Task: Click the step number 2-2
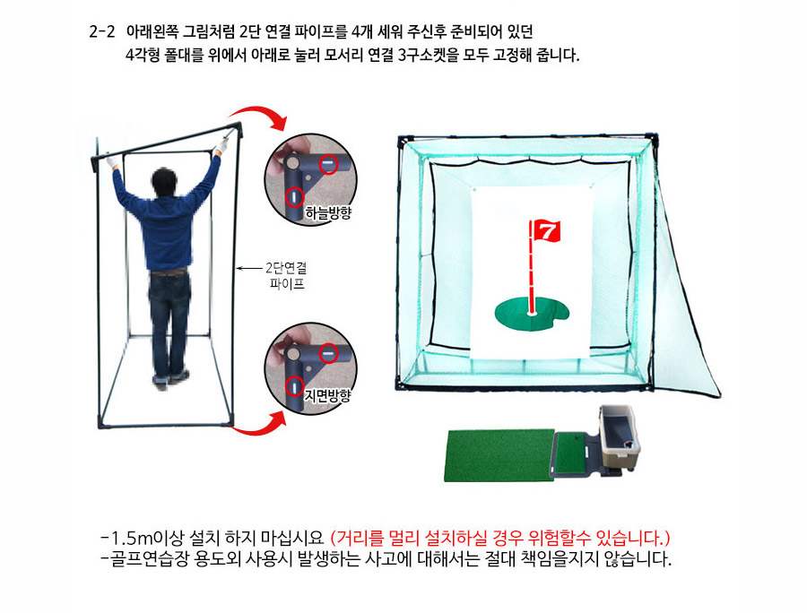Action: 102,32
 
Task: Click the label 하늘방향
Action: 328,212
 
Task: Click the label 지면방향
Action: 327,395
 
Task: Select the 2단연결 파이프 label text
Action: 287,276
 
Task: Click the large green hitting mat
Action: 499,455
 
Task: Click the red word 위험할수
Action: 555,539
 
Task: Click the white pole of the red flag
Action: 531,267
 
